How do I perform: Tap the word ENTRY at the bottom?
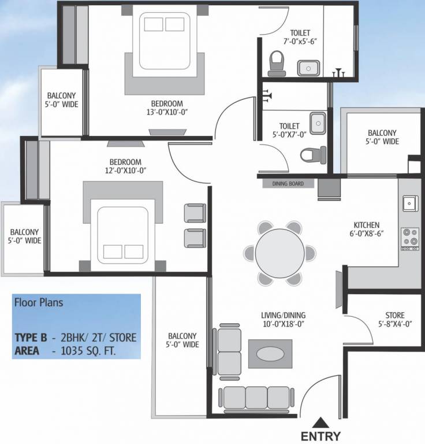320,436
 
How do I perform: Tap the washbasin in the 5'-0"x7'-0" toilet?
317,122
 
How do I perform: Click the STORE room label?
395,315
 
